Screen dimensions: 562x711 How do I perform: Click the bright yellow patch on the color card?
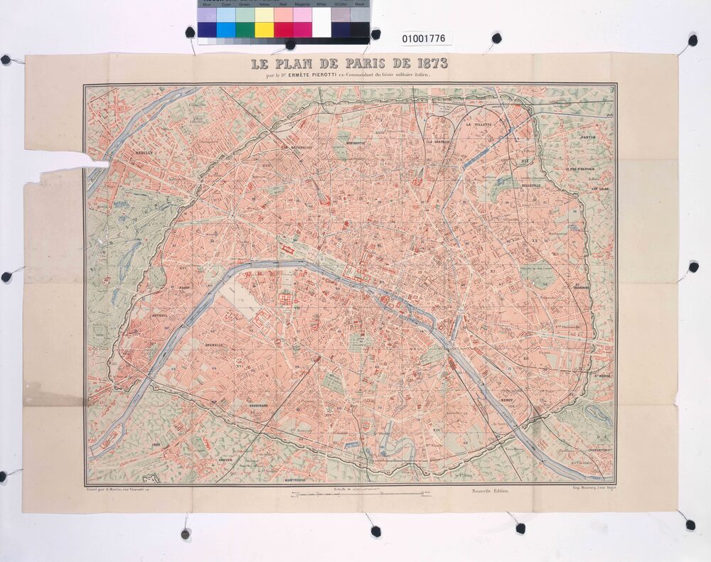point(264,30)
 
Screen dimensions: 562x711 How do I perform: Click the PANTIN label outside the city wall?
point(587,137)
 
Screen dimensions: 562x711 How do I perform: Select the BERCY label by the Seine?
point(506,401)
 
